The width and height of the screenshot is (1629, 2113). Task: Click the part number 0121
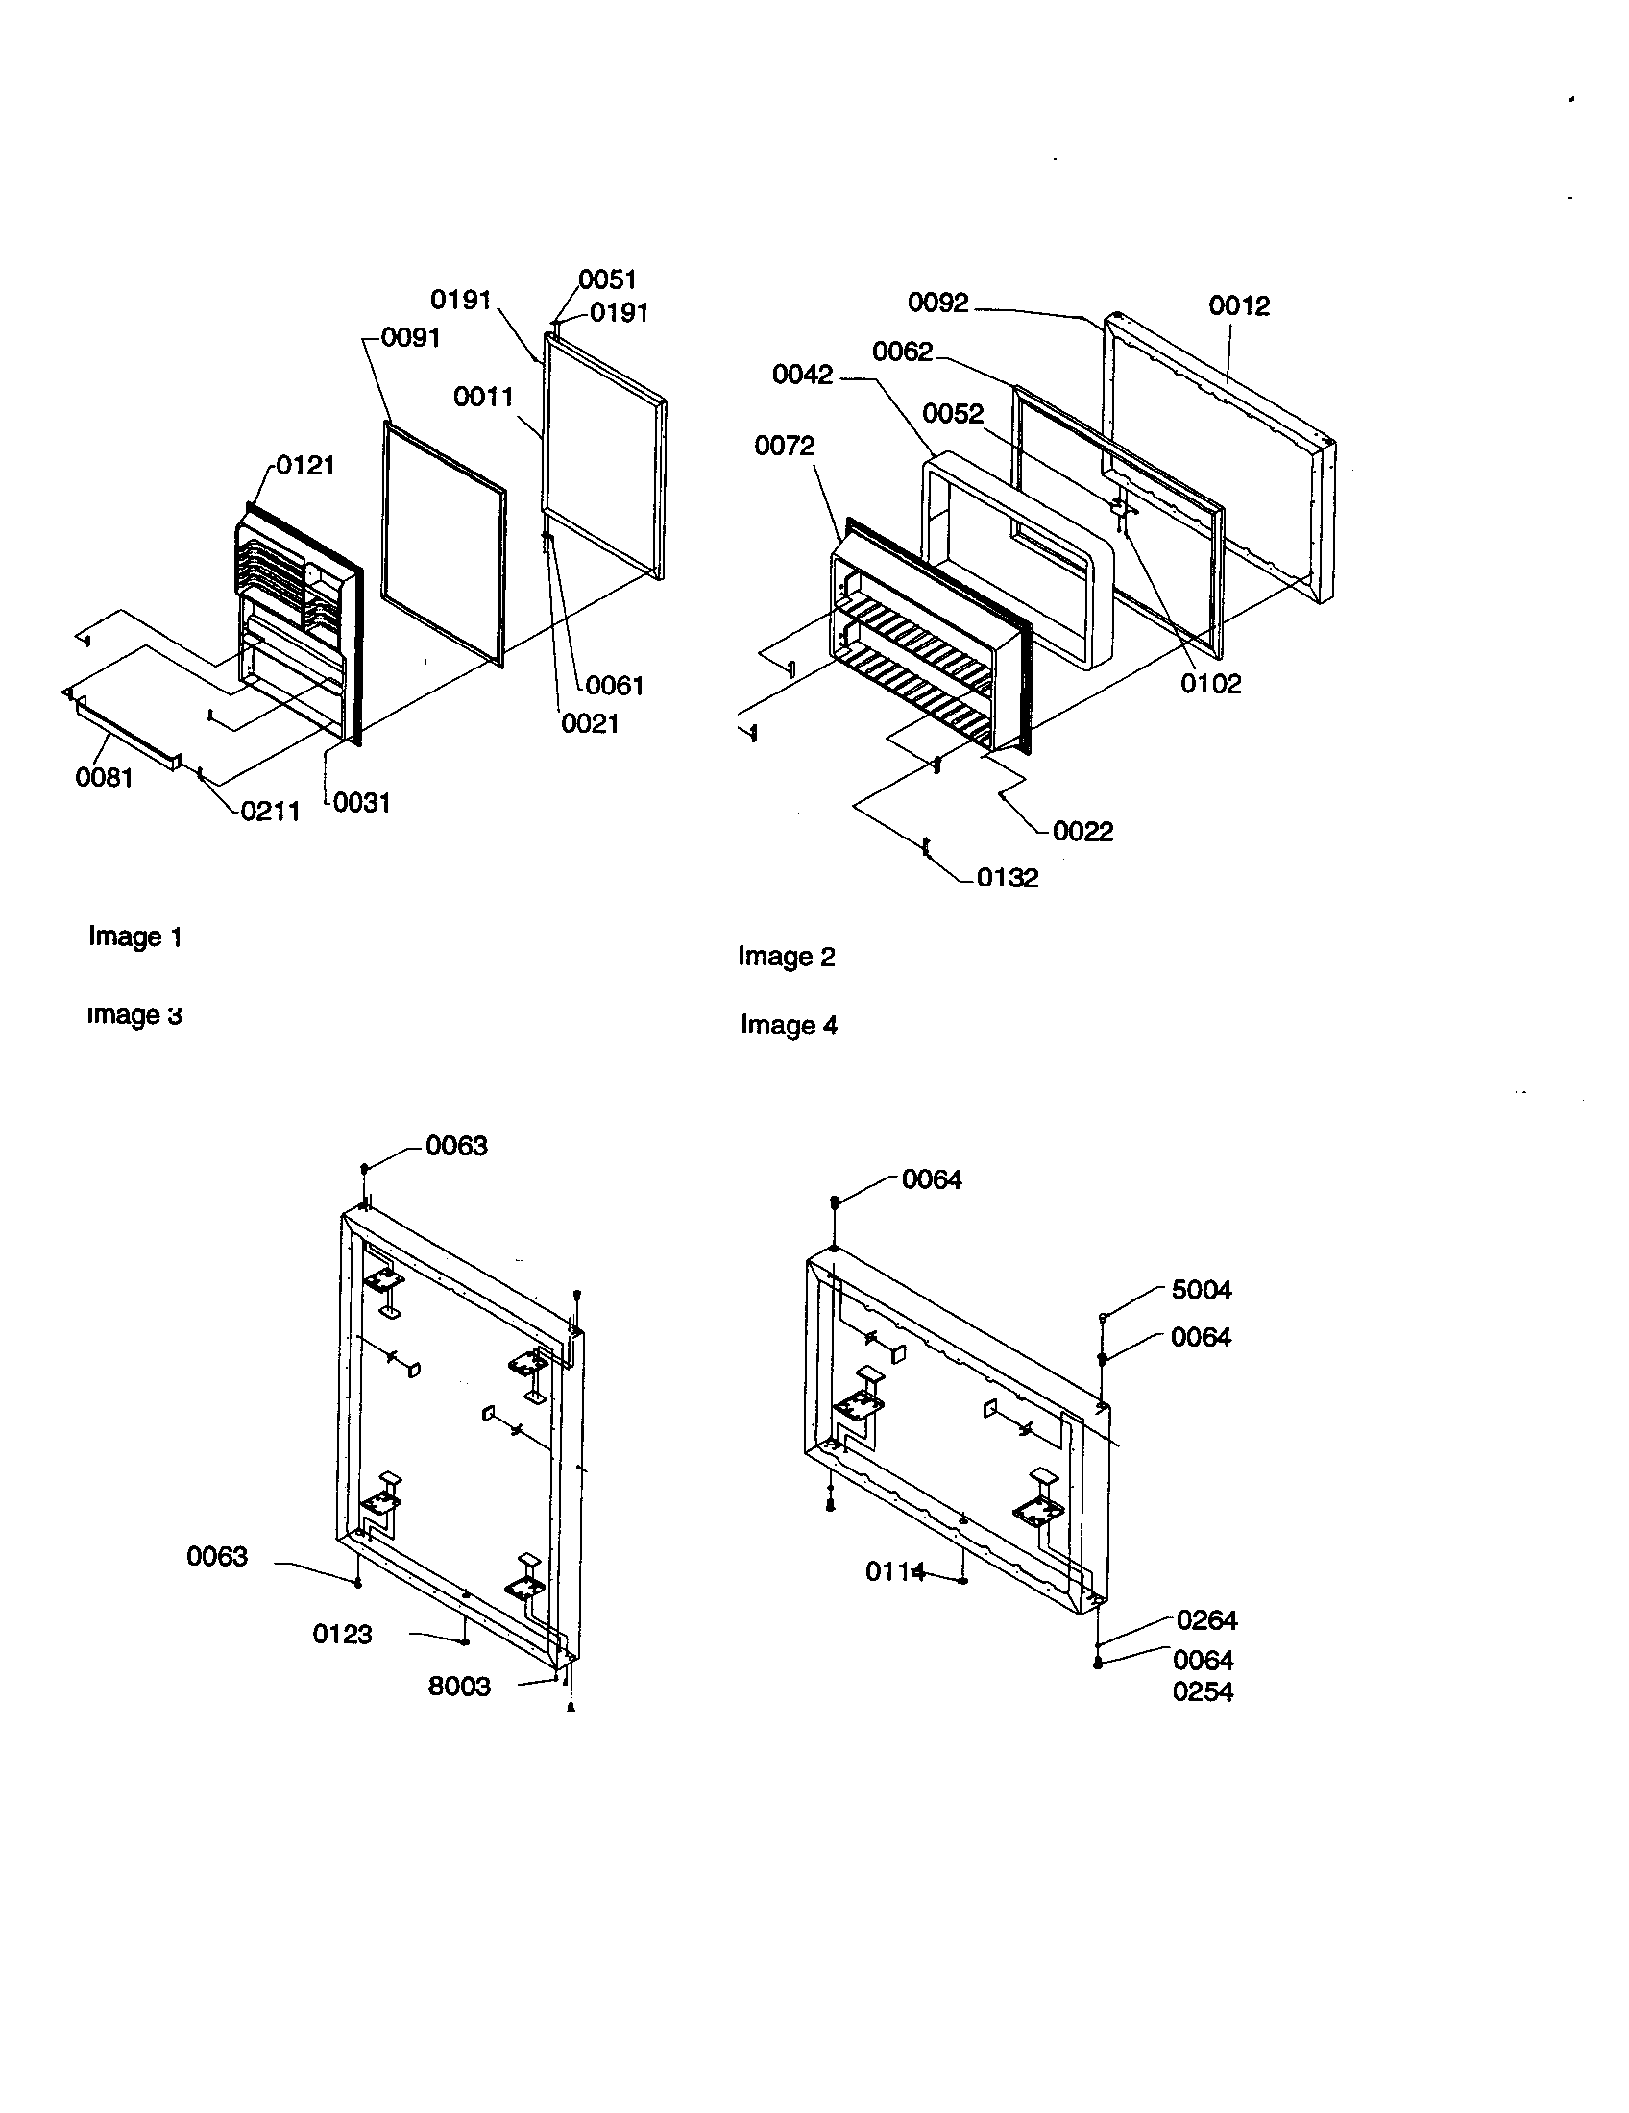click(305, 466)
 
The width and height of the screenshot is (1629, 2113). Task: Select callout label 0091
click(410, 338)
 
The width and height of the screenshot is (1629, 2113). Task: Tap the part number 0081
click(105, 777)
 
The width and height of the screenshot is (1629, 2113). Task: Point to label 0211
click(270, 811)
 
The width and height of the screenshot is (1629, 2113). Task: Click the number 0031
click(362, 802)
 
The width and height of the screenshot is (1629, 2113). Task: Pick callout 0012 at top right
click(1239, 305)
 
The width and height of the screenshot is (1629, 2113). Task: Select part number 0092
click(937, 303)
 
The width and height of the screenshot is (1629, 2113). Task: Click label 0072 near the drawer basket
click(785, 446)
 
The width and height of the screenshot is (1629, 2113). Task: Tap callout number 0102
click(1210, 684)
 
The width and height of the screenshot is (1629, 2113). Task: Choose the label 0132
click(1007, 878)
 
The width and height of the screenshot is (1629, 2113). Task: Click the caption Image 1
click(134, 936)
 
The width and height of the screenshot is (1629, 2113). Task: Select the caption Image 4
click(789, 1025)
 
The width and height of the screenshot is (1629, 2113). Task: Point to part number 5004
click(1202, 1290)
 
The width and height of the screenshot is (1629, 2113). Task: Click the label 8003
click(459, 1687)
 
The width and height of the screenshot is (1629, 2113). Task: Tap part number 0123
click(343, 1634)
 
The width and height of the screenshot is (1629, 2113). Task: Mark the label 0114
click(895, 1572)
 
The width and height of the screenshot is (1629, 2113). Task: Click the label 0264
click(1206, 1619)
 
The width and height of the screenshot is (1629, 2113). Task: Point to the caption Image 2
click(786, 956)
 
